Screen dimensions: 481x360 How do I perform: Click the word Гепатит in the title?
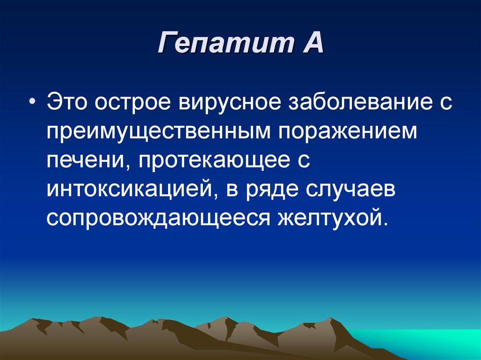pos(226,42)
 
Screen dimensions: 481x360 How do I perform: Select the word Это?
pos(68,102)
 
